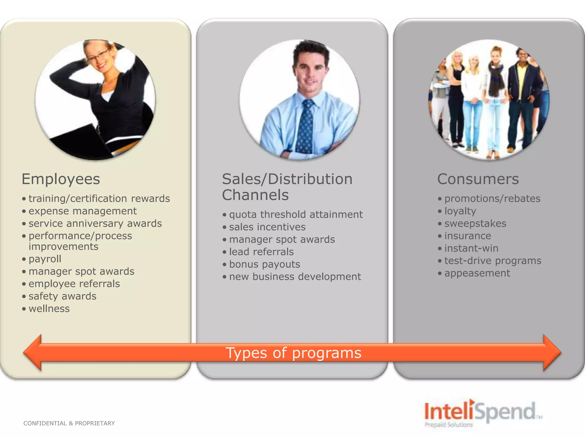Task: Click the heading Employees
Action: [x=61, y=179]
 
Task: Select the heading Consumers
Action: [x=478, y=179]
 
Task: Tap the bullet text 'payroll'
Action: [x=45, y=259]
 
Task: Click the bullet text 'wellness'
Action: [x=49, y=309]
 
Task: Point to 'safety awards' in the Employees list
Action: [x=62, y=296]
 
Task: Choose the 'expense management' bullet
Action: [x=83, y=211]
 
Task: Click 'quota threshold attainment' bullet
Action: [x=296, y=214]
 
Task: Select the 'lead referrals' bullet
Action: [x=261, y=252]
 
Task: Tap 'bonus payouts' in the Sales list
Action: [x=265, y=264]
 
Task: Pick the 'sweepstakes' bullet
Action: [x=475, y=224]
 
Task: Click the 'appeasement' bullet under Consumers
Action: [x=477, y=273]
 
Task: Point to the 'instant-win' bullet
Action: [x=471, y=248]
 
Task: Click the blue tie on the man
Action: [x=305, y=128]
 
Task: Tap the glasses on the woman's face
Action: [x=99, y=56]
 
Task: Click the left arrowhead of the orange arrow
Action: [x=33, y=352]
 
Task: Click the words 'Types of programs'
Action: [x=293, y=353]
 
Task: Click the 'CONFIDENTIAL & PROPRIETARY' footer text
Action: [x=69, y=423]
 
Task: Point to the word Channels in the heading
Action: [x=255, y=195]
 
